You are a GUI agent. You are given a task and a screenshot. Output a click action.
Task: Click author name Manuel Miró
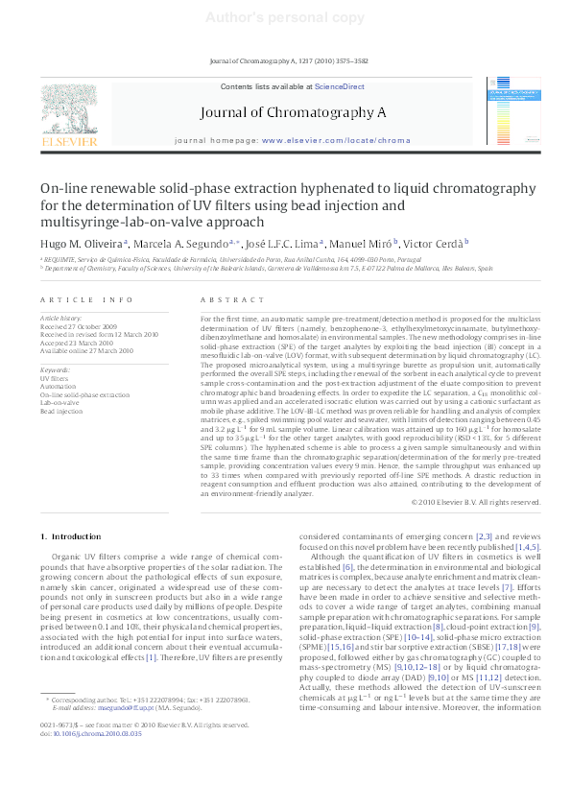pos(360,243)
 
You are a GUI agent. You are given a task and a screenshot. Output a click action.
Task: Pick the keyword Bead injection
pos(62,411)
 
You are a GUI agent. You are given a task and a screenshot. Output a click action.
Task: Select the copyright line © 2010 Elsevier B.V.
pos(471,502)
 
